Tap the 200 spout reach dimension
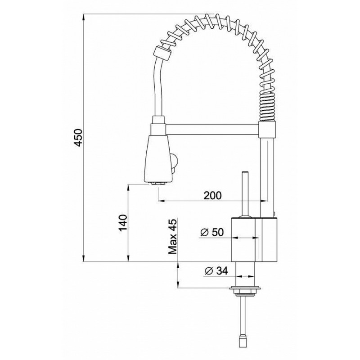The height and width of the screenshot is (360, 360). (213, 195)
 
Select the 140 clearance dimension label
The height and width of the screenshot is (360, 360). (123, 223)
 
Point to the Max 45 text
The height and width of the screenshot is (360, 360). (173, 237)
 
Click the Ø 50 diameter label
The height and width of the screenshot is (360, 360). (211, 232)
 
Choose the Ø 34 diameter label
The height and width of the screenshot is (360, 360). (216, 271)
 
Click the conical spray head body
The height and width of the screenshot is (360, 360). (158, 158)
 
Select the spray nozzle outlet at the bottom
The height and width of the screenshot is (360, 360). (158, 184)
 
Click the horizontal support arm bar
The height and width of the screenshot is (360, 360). (212, 130)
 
